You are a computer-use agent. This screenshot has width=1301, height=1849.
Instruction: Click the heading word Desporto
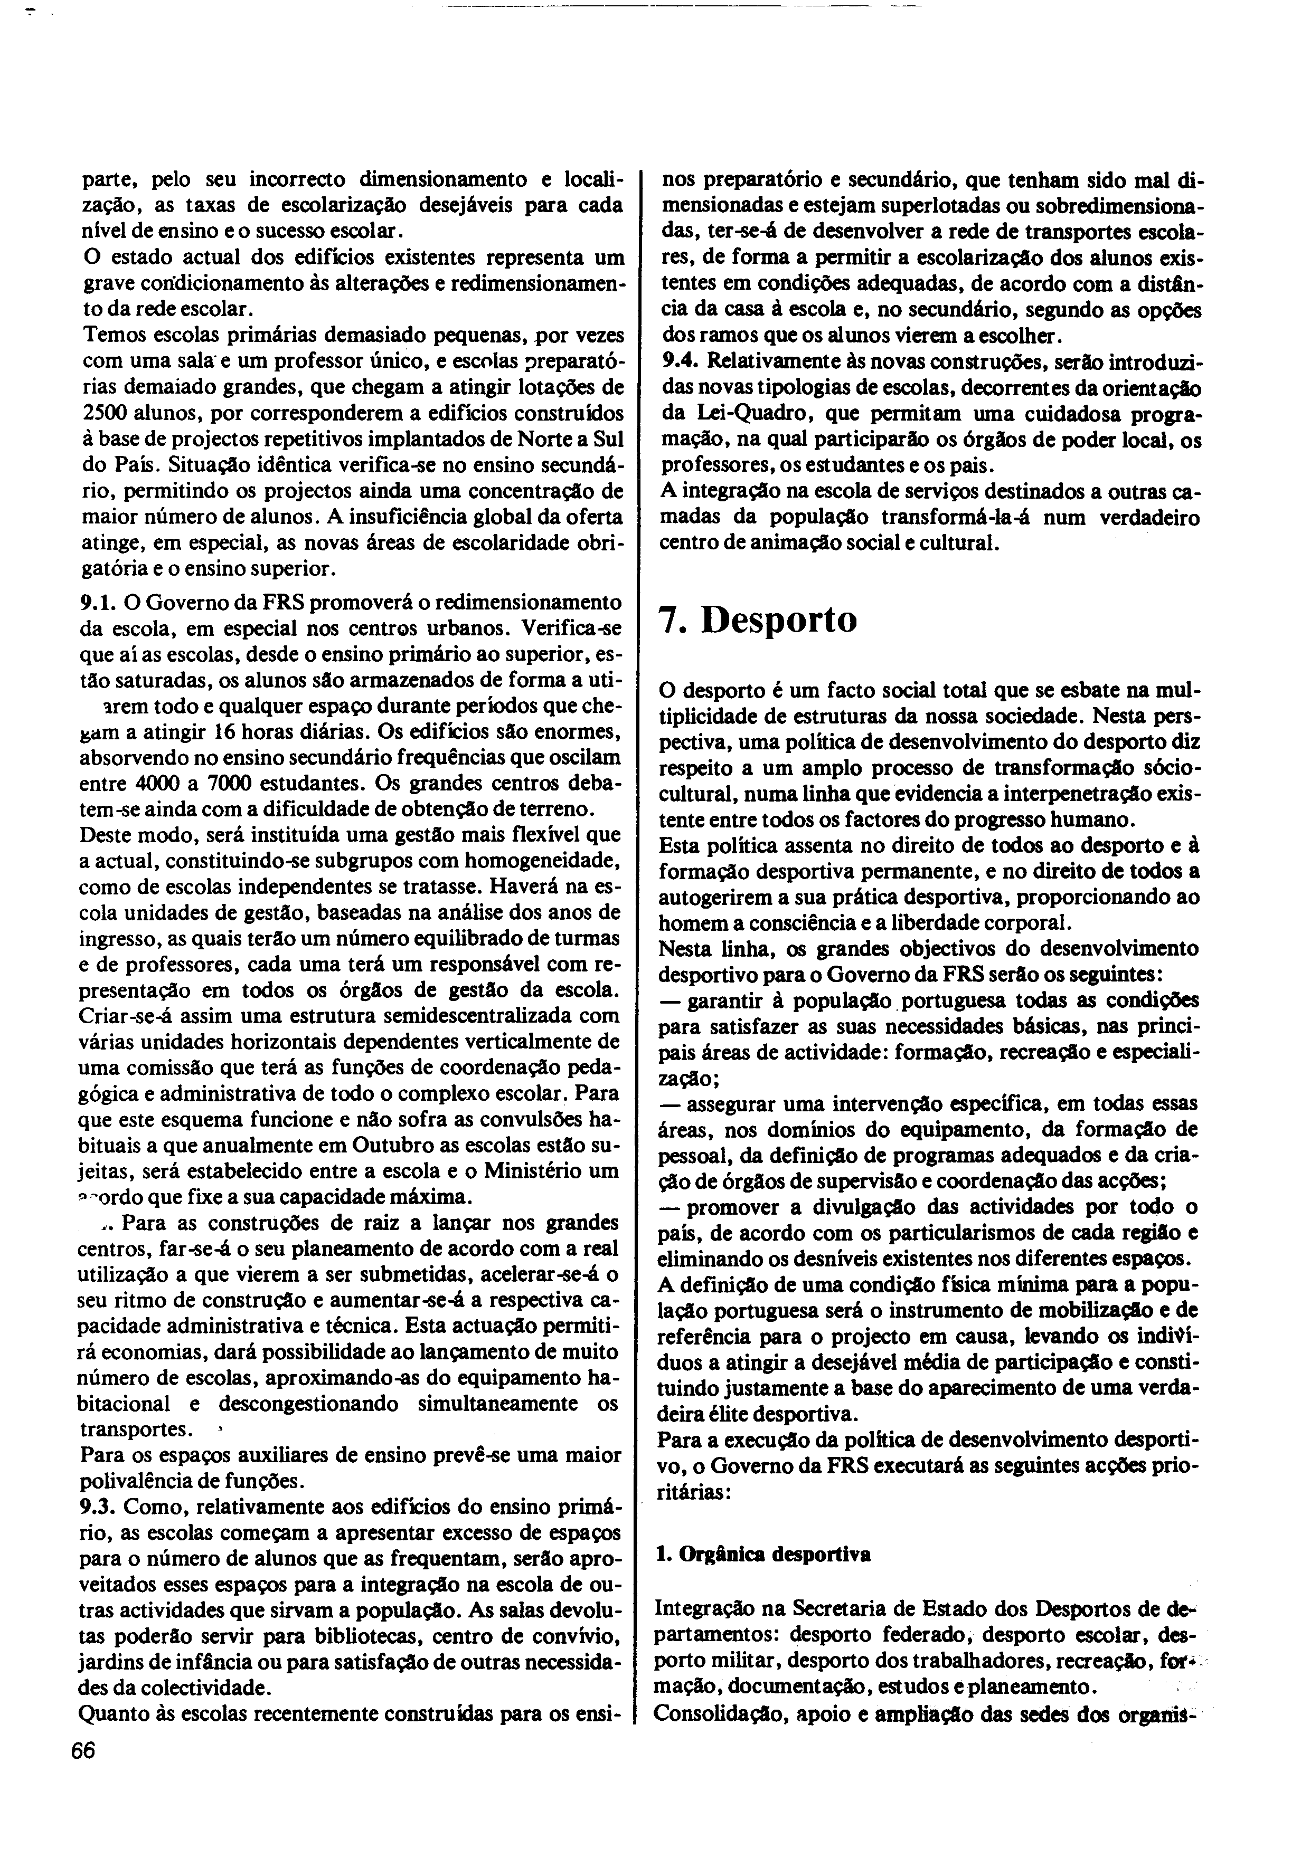(779, 621)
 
